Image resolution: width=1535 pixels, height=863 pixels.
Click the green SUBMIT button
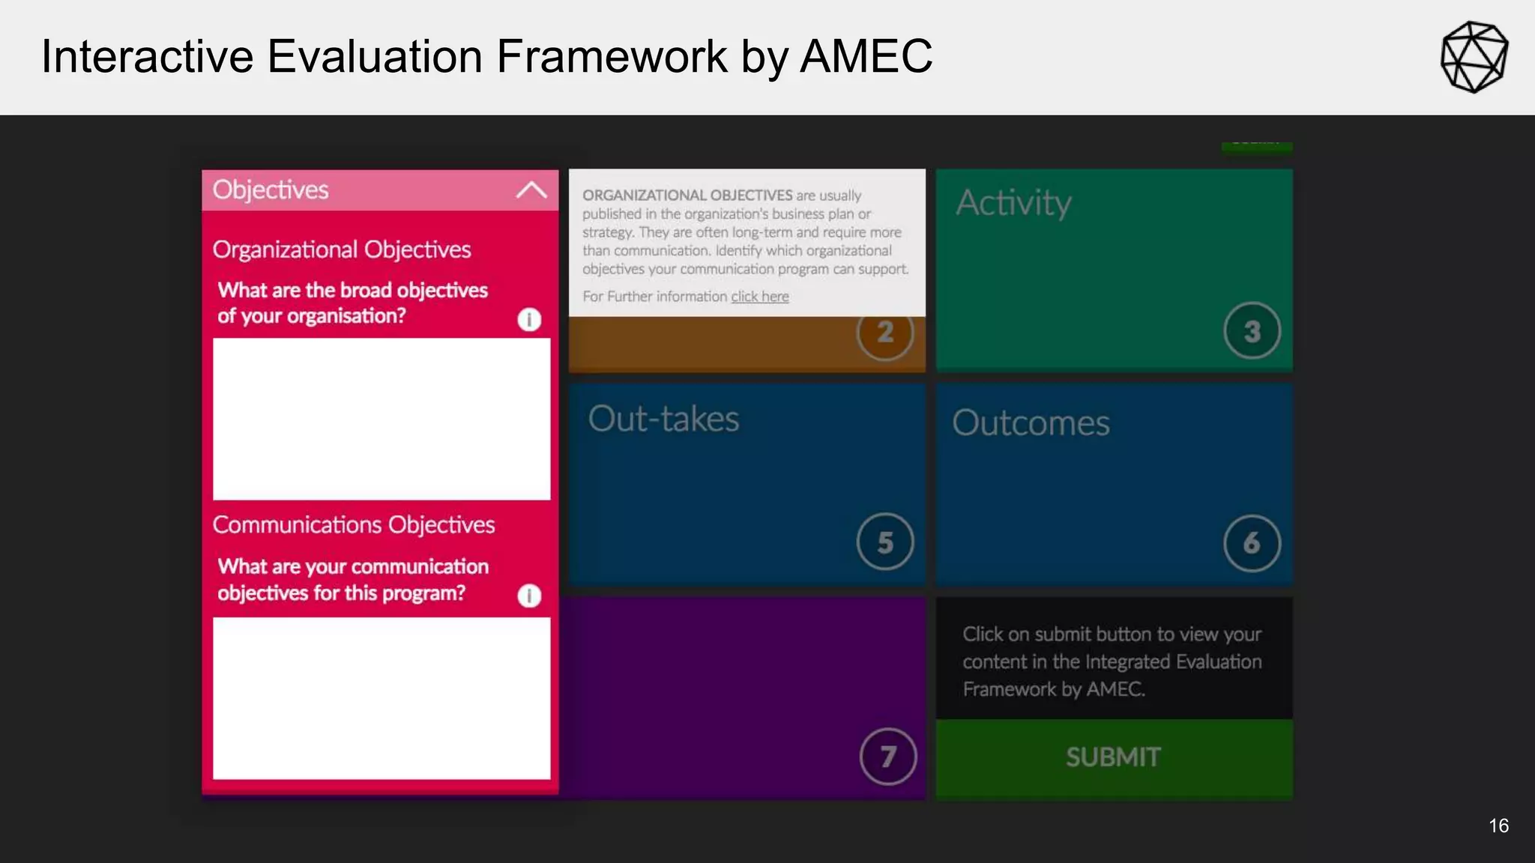tap(1114, 757)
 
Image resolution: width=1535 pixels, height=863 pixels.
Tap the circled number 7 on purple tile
tap(888, 757)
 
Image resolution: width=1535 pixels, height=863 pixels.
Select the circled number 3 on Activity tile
tap(1252, 331)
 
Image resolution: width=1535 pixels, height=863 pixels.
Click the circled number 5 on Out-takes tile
tap(885, 542)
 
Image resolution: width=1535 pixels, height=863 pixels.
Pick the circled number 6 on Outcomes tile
tap(1252, 543)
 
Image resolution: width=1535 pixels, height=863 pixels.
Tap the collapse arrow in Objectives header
tap(531, 190)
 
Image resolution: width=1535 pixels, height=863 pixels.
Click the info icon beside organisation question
tap(529, 320)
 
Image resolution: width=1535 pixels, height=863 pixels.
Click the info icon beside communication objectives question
tap(529, 596)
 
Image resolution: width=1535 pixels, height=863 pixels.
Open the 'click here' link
tap(760, 297)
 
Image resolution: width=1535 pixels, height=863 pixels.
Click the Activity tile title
tap(1013, 203)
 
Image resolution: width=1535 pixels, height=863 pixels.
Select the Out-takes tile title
tap(663, 419)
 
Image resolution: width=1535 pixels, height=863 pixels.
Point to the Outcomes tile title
tap(1031, 423)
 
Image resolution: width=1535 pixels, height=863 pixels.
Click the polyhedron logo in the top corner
tap(1474, 57)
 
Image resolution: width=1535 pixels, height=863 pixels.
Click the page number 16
tap(1498, 826)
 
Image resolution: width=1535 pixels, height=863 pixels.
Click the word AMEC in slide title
tap(866, 57)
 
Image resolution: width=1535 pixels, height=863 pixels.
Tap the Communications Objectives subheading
tap(354, 525)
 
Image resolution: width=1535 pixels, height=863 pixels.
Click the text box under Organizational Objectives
tap(382, 419)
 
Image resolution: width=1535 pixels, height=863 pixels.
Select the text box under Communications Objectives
tap(382, 698)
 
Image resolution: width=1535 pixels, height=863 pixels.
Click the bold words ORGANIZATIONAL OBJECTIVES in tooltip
tap(687, 196)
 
